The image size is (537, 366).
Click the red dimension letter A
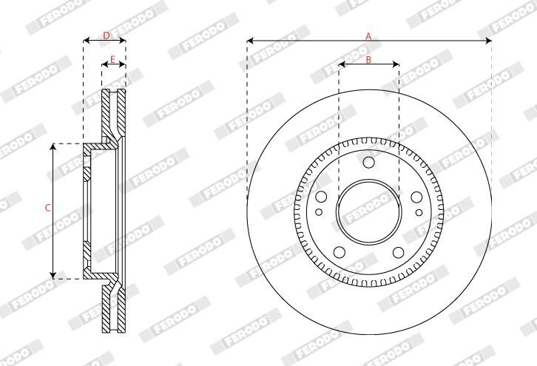[368, 36]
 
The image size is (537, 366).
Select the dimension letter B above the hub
[368, 60]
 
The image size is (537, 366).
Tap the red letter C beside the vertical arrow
[48, 208]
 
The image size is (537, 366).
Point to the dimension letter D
[107, 35]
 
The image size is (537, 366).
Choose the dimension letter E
[112, 60]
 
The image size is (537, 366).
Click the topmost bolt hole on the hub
[368, 162]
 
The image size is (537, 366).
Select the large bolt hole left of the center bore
[321, 197]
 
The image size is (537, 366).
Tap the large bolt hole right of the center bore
[416, 197]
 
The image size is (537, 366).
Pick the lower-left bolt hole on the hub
[339, 252]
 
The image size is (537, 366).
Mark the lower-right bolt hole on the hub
[398, 252]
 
